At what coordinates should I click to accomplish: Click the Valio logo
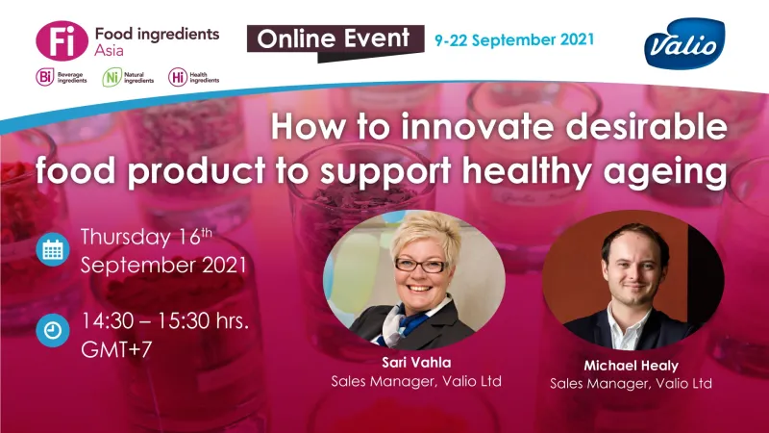click(684, 42)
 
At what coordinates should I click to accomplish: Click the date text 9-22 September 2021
click(513, 40)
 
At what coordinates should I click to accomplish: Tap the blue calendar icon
click(52, 249)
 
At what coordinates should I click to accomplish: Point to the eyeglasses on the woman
click(420, 265)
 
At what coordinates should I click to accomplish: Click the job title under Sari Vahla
click(416, 381)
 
